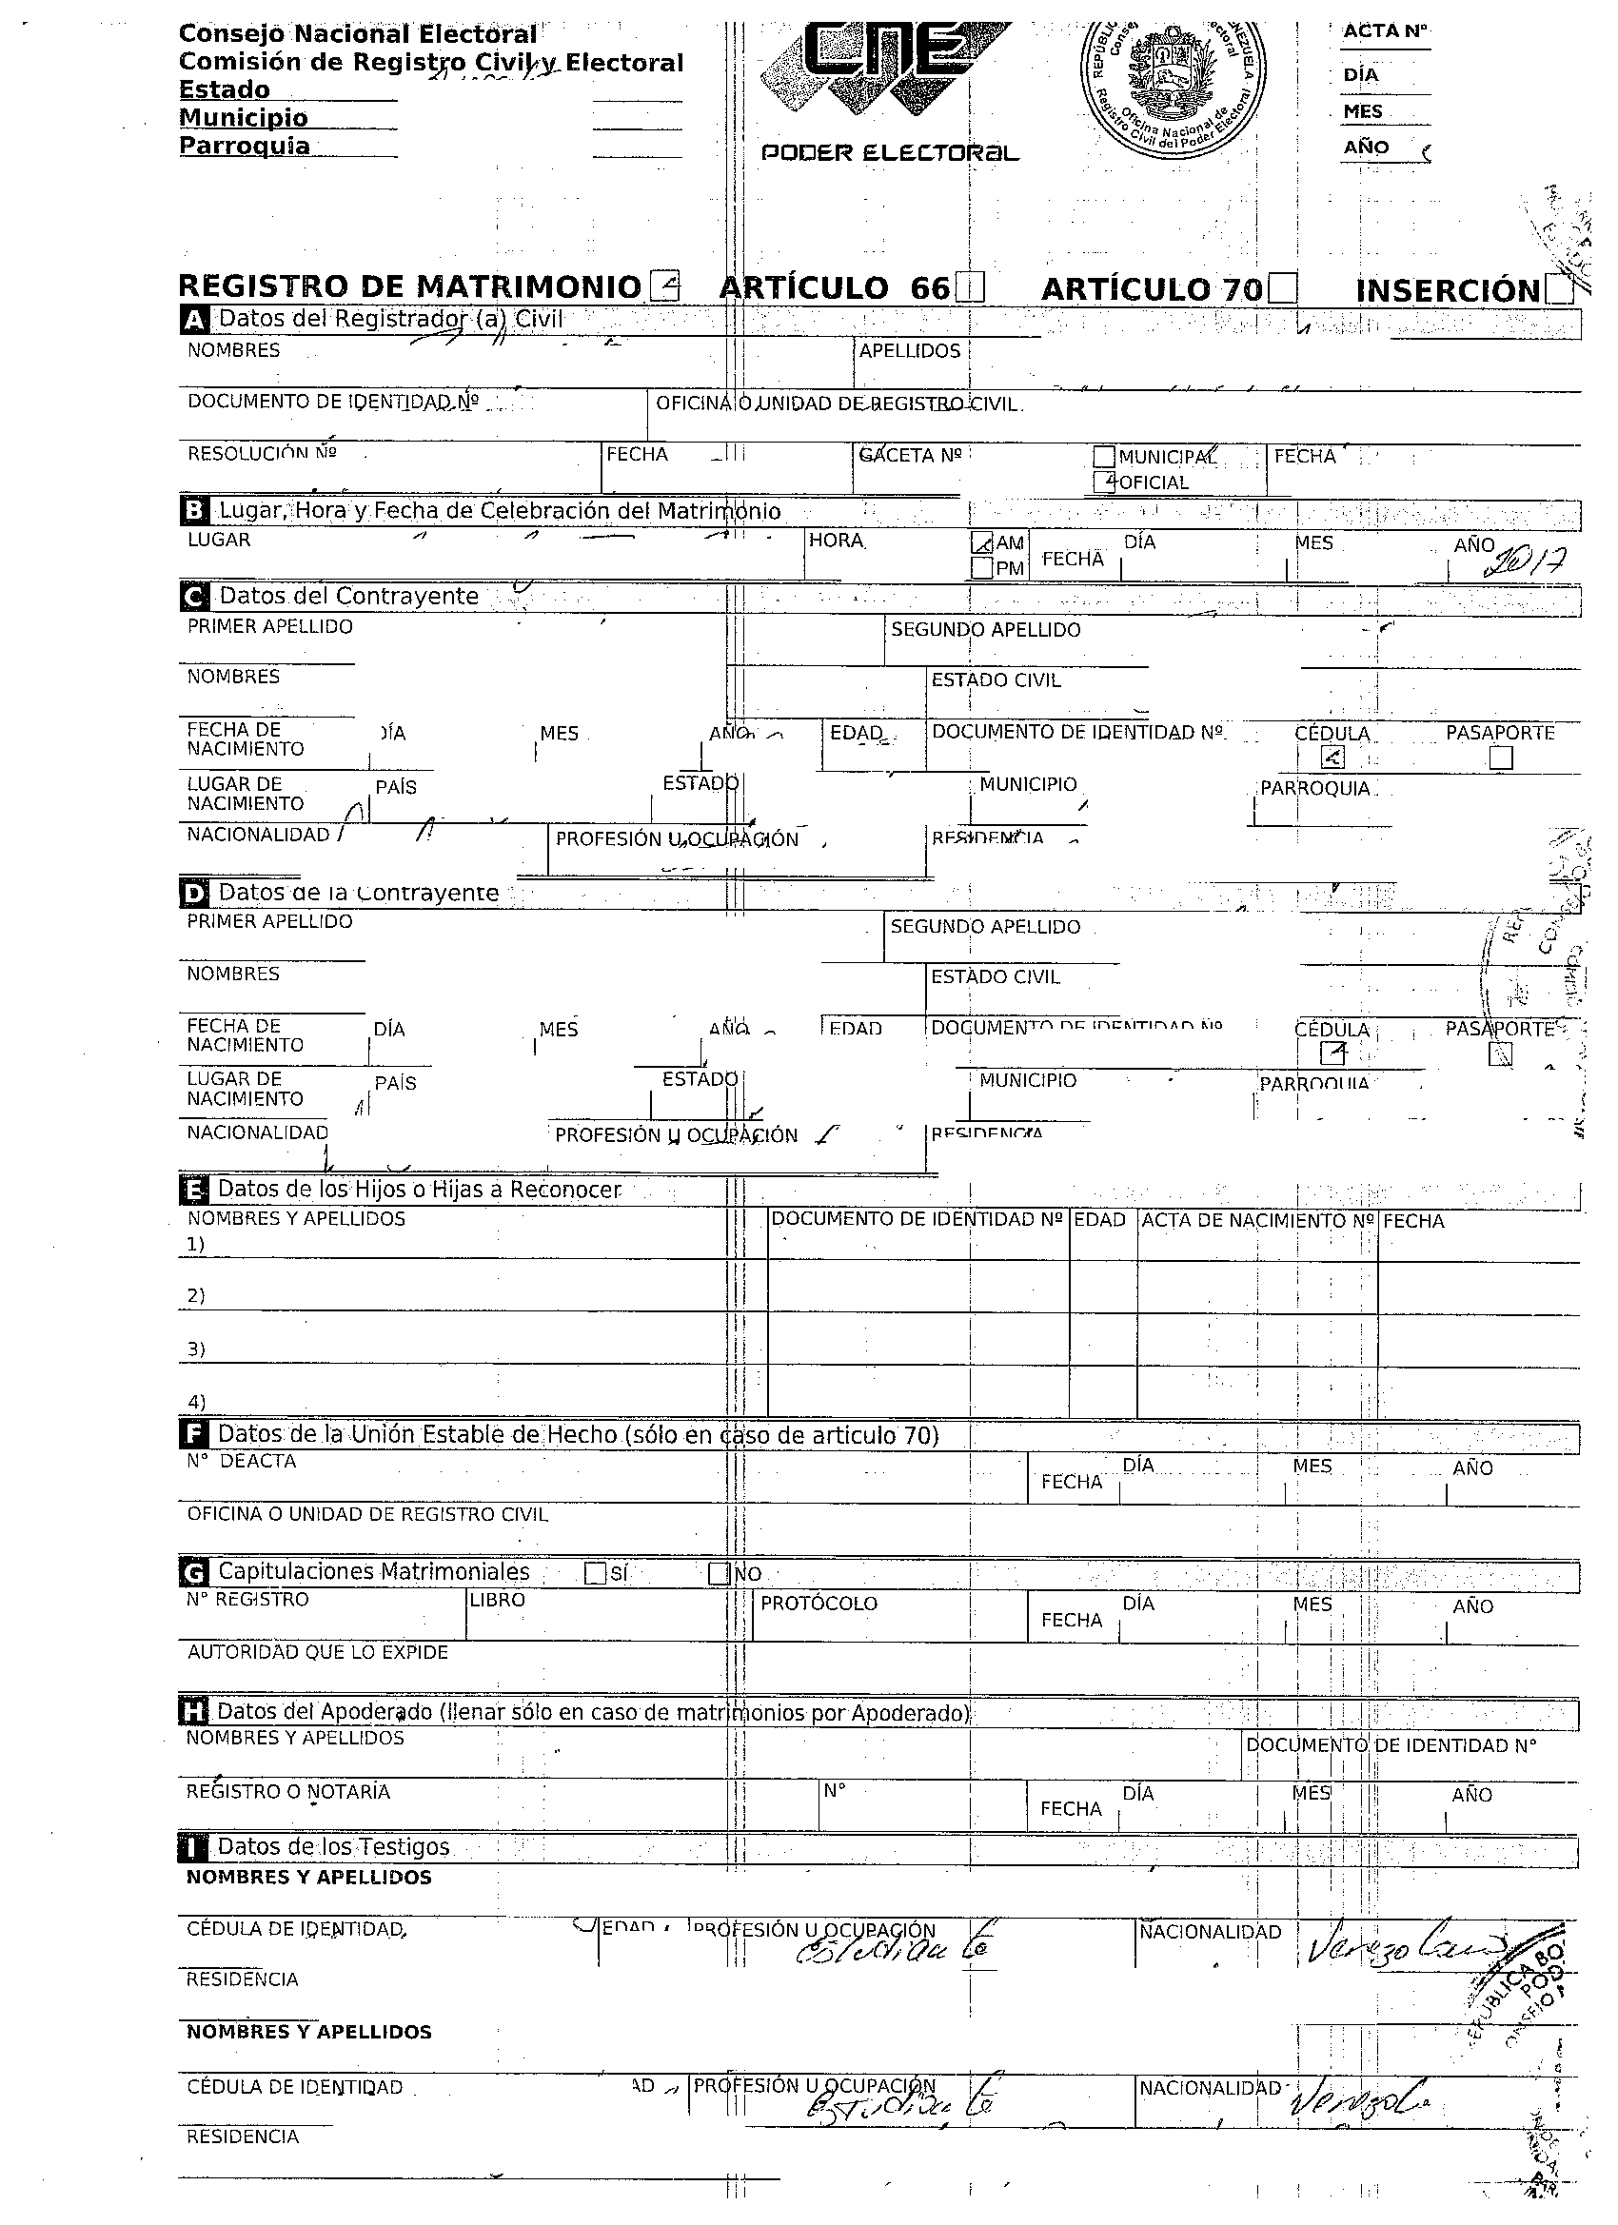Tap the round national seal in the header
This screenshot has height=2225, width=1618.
coord(1172,83)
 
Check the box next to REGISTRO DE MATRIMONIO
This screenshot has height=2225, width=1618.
coord(664,286)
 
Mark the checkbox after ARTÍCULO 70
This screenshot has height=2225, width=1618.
coord(1281,289)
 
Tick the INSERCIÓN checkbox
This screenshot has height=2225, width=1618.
coord(1559,290)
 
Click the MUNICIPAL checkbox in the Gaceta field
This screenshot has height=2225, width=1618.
coord(1104,457)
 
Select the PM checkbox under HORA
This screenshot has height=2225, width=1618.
coord(981,568)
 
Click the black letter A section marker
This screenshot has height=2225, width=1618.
coord(195,319)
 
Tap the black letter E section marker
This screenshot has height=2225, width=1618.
coord(194,1190)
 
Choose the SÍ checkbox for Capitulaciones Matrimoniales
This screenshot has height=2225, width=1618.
coord(595,1572)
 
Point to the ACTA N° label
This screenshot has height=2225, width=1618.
coord(1385,31)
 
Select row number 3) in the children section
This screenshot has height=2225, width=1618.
coord(196,1349)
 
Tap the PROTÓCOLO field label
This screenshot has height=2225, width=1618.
coord(819,1603)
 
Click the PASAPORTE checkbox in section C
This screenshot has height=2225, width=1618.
coord(1500,758)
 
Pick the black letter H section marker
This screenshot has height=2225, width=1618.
coord(193,1712)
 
